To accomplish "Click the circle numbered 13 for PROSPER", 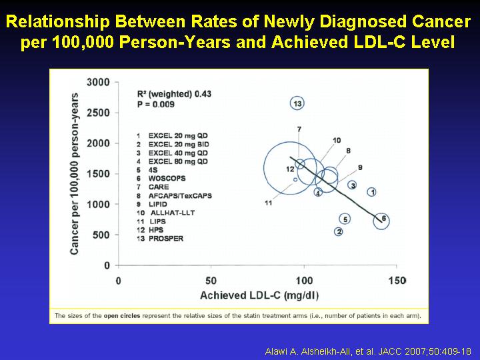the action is [x=290, y=103].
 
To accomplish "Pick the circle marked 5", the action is [x=340, y=219].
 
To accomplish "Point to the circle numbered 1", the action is [x=368, y=192].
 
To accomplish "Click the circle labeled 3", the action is [x=349, y=185].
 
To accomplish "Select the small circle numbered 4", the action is [x=315, y=192].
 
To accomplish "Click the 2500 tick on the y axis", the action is [x=98, y=113].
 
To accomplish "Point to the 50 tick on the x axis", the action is [x=211, y=281].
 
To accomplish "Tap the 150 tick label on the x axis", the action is [x=397, y=281].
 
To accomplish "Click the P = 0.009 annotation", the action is [x=156, y=105].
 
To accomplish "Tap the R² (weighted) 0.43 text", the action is [x=174, y=94].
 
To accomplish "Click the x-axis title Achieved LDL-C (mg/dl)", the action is [x=259, y=295].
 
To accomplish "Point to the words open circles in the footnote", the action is [x=122, y=315].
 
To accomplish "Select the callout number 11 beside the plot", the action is [x=269, y=203].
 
